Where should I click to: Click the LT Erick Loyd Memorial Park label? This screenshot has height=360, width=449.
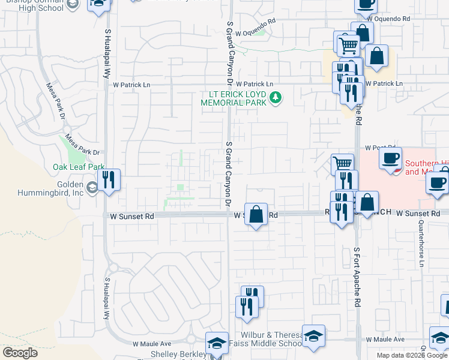(236, 98)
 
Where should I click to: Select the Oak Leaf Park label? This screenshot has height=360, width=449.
(79, 167)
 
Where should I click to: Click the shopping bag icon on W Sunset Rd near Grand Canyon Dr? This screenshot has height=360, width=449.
(256, 214)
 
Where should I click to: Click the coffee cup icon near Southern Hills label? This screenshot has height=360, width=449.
(390, 159)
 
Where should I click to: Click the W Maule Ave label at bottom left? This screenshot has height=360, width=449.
(152, 344)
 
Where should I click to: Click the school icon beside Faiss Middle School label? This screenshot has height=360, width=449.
(313, 337)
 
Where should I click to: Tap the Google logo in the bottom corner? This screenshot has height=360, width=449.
(20, 353)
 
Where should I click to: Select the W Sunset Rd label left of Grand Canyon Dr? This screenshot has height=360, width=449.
(132, 214)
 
